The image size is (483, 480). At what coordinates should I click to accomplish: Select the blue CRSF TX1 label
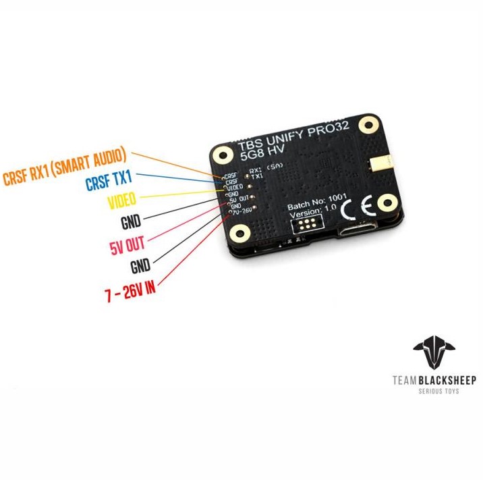[109, 181]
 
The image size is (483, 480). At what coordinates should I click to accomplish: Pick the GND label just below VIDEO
[132, 221]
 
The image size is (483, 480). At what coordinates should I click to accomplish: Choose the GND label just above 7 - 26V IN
[140, 265]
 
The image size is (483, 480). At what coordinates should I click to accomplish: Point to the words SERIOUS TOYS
[434, 392]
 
